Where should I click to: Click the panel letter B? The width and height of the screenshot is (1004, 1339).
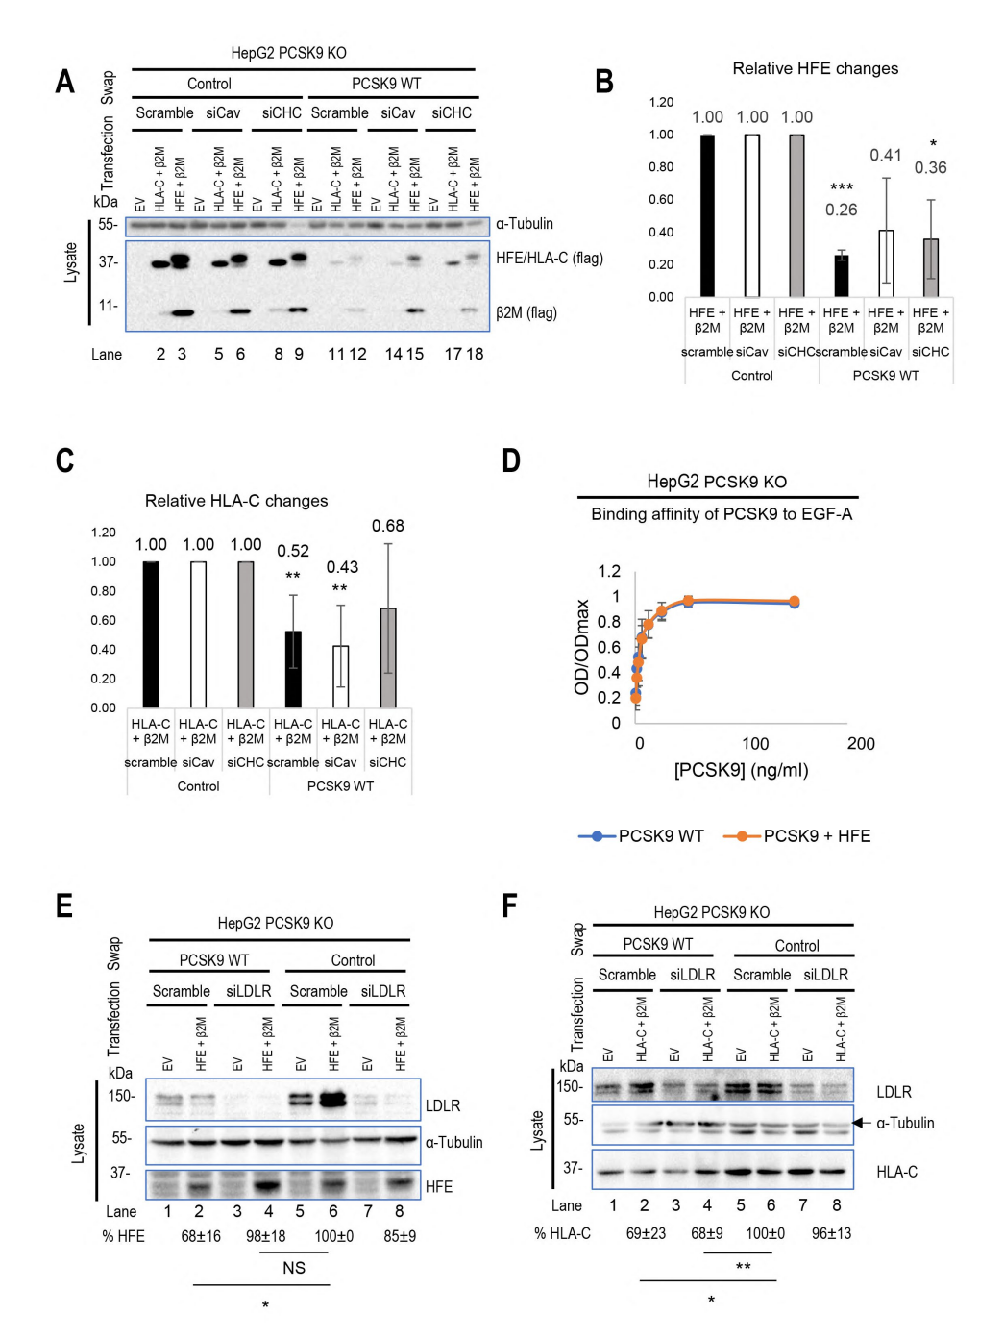coord(604,82)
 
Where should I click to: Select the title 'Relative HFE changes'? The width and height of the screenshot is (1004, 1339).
coord(815,68)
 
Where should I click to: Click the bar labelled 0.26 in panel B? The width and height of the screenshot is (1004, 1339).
coord(841,276)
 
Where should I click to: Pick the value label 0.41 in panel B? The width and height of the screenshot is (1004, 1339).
coord(885,156)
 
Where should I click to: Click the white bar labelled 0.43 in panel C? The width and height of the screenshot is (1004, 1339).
coord(340,677)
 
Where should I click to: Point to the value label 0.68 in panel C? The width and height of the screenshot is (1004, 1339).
coord(387,526)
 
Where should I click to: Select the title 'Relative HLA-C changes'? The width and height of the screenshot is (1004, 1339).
coord(236,501)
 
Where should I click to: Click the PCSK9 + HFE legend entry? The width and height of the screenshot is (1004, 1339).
coord(797,836)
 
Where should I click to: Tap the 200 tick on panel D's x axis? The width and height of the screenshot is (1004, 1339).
coord(860,744)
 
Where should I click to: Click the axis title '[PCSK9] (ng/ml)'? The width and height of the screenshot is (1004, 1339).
coord(741,770)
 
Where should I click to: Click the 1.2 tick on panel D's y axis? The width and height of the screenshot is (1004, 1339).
coord(609,571)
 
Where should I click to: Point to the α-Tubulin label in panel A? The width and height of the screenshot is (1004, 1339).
coord(524,224)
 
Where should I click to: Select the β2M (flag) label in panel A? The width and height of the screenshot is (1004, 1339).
coord(526,312)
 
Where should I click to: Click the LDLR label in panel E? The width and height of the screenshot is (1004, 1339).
coord(442,1106)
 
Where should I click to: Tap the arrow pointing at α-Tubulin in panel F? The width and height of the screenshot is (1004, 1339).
coord(860,1123)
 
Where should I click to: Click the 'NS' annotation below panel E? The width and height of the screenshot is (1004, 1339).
coord(294,1268)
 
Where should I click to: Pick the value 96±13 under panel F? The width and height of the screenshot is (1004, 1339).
coord(831,1233)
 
